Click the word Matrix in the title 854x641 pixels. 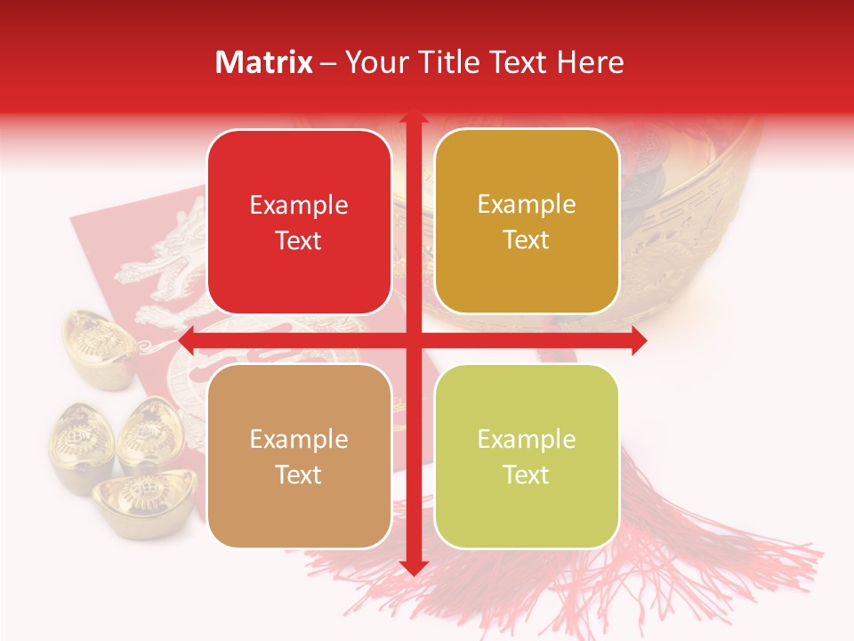(x=264, y=62)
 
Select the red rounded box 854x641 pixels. (x=299, y=222)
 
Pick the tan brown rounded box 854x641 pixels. (x=299, y=456)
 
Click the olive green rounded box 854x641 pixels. (x=527, y=455)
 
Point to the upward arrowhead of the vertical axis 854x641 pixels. (x=412, y=118)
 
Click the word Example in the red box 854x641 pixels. (x=299, y=206)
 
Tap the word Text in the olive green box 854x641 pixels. (x=527, y=475)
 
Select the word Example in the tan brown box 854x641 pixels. (x=299, y=440)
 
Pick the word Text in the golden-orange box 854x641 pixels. (x=527, y=240)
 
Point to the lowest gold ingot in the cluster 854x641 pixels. (x=142, y=499)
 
